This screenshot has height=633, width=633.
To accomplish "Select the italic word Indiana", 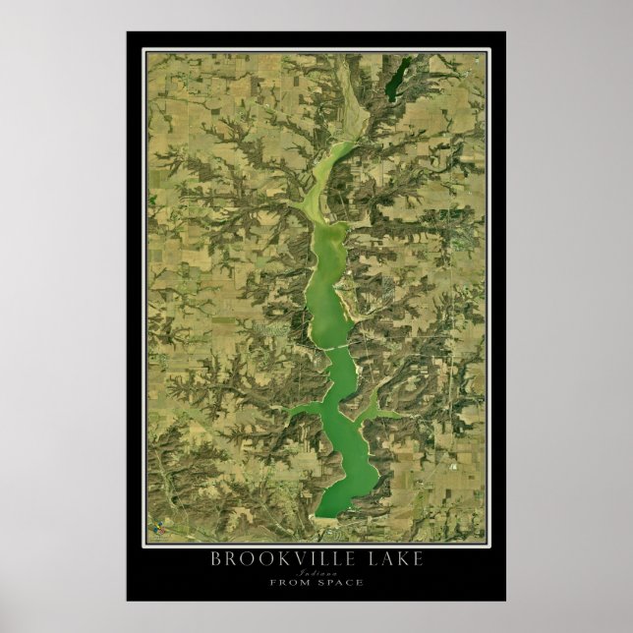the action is [316, 572].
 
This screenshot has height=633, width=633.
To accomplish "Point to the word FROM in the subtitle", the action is [286, 583].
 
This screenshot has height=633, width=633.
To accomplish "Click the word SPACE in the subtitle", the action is [340, 583].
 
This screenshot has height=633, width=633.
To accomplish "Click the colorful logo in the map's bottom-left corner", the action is [154, 536].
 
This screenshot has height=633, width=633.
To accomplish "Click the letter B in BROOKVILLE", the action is [216, 559].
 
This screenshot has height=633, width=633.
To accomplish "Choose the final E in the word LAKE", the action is [419, 559].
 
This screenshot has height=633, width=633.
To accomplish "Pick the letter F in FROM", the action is [271, 583].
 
